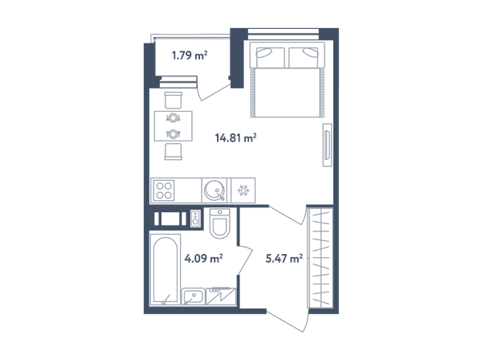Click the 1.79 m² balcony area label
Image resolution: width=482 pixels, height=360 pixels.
[x=190, y=55]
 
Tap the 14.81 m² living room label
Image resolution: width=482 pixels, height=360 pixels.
[x=235, y=138]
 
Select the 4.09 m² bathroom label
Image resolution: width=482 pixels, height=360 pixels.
[x=203, y=258]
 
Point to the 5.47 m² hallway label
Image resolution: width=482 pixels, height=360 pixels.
[x=284, y=258]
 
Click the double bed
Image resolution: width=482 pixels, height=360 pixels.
[x=287, y=80]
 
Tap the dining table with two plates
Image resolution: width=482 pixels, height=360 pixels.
[x=174, y=126]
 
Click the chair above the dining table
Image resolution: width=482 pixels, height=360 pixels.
[x=174, y=100]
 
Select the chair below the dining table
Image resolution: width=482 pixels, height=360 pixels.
[x=174, y=152]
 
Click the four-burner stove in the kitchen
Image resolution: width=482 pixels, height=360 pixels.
[x=164, y=190]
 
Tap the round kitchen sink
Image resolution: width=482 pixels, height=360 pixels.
[x=214, y=190]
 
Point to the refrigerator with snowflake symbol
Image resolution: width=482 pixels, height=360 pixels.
[x=243, y=190]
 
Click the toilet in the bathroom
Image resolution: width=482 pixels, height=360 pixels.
[x=219, y=223]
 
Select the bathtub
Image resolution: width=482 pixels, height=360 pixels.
[x=165, y=270]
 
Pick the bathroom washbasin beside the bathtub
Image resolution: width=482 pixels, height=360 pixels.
[x=194, y=297]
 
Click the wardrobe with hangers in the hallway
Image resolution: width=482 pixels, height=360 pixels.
[x=321, y=257]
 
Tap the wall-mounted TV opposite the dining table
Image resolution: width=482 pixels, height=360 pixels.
[x=327, y=145]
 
